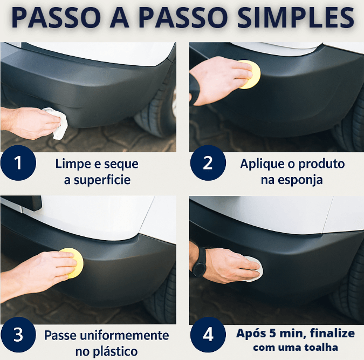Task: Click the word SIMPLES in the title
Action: pos(296,18)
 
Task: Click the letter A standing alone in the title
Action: pos(119,18)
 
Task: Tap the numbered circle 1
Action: pos(18,162)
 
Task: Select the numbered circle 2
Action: pos(208,162)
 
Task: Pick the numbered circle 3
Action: pos(18,335)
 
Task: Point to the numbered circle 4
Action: pos(208,335)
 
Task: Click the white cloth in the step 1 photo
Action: pos(58,123)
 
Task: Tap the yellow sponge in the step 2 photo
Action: pos(250,74)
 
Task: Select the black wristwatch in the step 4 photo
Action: pos(199,262)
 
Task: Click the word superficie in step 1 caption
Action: pos(102,180)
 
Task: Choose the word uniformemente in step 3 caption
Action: pos(122,335)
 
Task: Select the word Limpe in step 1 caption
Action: pos(73,164)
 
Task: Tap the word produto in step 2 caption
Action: pos(321,164)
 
